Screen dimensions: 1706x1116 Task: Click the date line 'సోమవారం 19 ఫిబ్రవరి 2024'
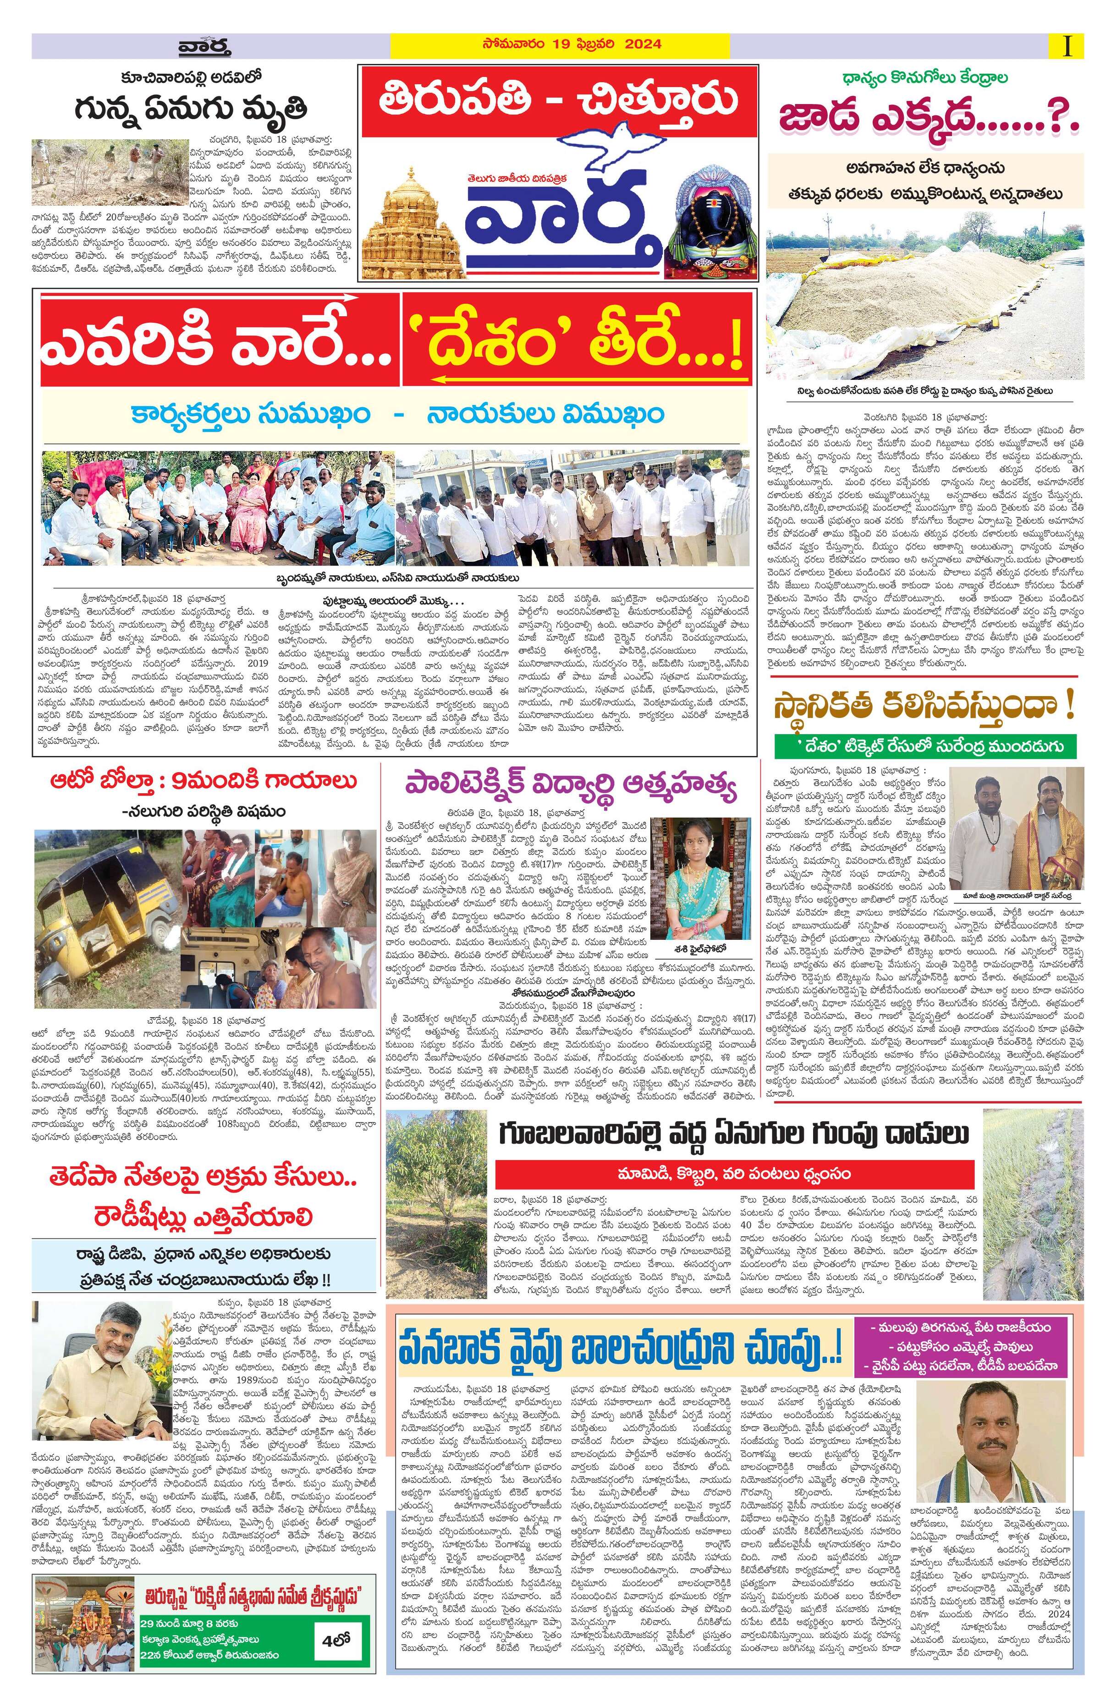coord(561,44)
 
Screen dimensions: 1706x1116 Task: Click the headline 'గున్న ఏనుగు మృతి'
coord(192,110)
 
